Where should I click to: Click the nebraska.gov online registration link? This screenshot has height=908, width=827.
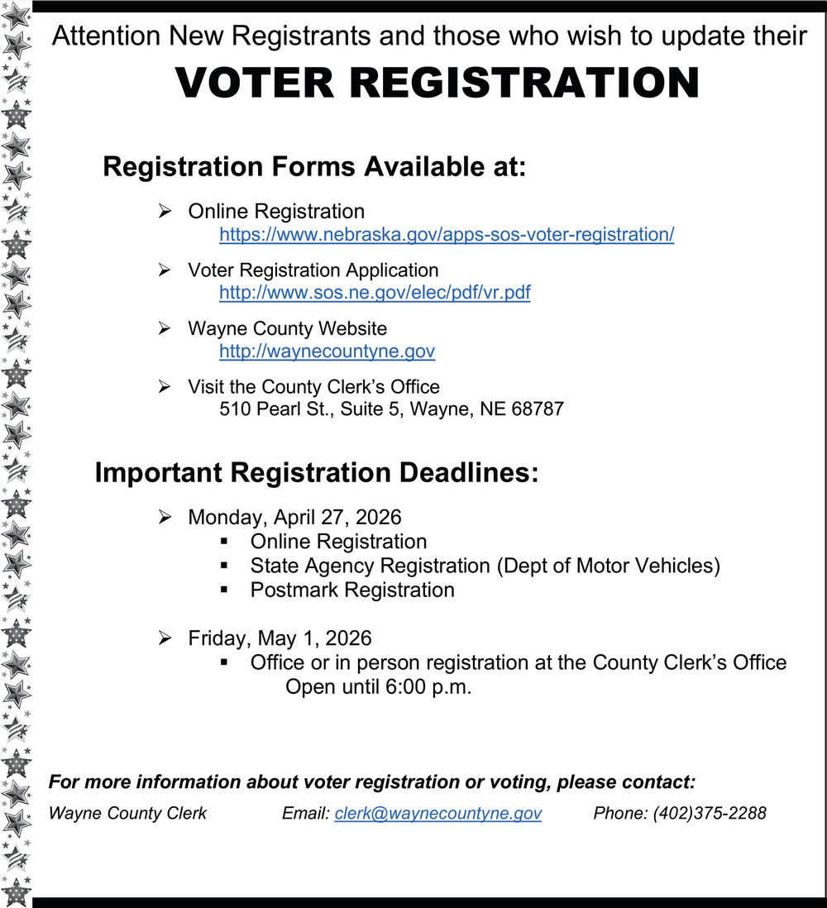(x=447, y=235)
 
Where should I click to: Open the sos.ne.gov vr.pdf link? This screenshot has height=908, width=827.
(x=375, y=293)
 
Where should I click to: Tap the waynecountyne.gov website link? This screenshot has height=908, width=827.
(x=327, y=351)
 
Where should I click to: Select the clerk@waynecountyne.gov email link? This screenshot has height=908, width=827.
(x=438, y=813)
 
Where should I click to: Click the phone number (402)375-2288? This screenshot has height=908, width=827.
(x=710, y=813)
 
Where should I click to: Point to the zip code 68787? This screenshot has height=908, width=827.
(x=538, y=409)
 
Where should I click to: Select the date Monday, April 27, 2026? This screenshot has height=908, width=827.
(x=294, y=518)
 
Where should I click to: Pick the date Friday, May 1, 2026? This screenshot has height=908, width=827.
(x=280, y=638)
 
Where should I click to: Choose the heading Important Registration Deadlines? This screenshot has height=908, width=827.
(x=317, y=473)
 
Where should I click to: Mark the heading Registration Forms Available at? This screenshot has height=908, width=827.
(x=314, y=167)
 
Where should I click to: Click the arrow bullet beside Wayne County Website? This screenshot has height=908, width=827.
(x=164, y=328)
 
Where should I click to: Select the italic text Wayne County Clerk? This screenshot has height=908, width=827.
(x=128, y=813)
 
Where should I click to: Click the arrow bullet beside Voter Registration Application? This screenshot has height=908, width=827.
(x=164, y=270)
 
